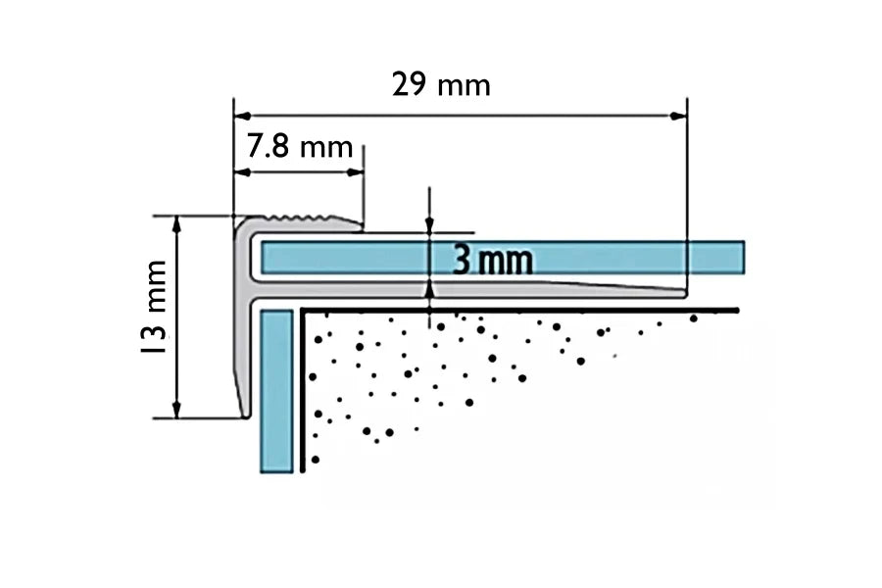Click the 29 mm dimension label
click(x=441, y=85)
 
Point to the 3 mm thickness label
click(x=493, y=261)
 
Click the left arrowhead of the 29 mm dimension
click(x=239, y=116)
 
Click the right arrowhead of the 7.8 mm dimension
click(x=357, y=172)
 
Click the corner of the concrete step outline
click(x=305, y=312)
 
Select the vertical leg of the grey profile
click(x=242, y=323)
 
